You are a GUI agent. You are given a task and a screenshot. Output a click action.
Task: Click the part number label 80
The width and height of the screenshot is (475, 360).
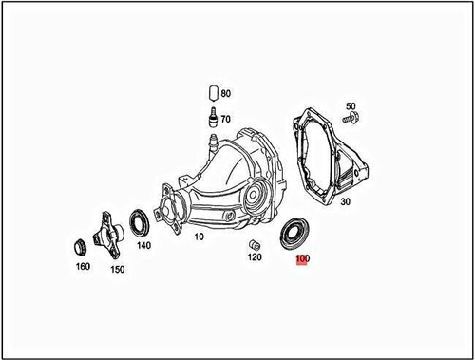point(225,94)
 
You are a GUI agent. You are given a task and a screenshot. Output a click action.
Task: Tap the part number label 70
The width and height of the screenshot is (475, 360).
point(225,119)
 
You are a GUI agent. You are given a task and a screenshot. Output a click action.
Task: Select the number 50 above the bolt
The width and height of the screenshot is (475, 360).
point(351,106)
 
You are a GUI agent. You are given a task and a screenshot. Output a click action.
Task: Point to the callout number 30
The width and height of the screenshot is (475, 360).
point(344,202)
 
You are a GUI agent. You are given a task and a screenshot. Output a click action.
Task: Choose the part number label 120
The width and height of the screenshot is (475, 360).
point(254,256)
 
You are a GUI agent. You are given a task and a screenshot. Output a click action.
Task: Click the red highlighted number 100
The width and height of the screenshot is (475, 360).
point(303,259)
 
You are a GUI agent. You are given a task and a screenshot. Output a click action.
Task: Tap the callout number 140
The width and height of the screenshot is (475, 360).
point(143,244)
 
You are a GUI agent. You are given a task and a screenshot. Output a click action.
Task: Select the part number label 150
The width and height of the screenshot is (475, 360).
point(118,270)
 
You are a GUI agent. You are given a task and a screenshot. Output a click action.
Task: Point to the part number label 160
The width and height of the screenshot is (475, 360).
point(83,267)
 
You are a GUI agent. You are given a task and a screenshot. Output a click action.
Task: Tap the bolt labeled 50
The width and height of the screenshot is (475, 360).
point(351,120)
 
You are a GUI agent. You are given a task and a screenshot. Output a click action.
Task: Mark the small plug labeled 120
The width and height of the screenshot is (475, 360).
point(253,244)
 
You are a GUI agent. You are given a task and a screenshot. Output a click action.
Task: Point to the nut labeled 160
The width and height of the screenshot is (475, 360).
point(80,246)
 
